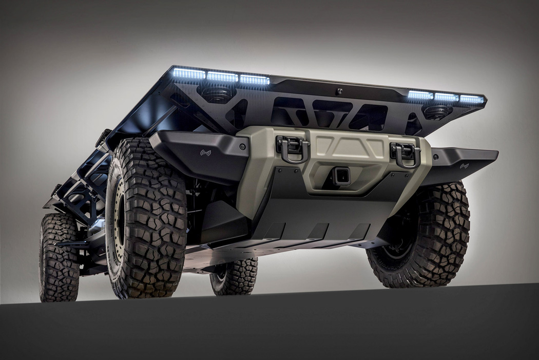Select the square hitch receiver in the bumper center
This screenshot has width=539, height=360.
(341, 177)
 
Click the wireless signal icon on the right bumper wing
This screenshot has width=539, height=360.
(465, 166)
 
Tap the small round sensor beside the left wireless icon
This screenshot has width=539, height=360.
(242, 147)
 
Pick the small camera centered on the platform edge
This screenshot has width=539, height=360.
(339, 91)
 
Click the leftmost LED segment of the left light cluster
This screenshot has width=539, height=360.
(189, 73)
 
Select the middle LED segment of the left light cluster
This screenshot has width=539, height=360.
(222, 77)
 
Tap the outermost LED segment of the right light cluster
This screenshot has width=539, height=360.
(472, 99)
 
